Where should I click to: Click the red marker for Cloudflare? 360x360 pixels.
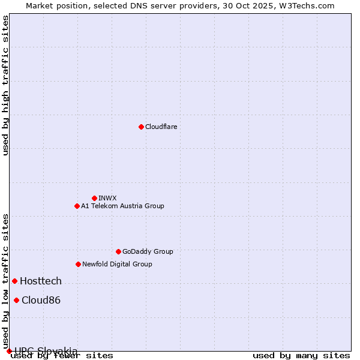click(141, 127)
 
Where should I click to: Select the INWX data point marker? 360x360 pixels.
click(94, 198)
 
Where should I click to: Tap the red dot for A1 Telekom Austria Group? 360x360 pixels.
click(77, 206)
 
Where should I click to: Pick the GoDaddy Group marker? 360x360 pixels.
click(118, 251)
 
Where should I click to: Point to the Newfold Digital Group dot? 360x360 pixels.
click(78, 264)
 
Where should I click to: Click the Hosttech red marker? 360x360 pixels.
click(14, 281)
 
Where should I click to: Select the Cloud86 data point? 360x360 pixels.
click(16, 300)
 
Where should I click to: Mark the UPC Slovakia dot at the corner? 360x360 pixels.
click(9, 351)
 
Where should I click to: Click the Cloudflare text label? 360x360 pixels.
click(161, 127)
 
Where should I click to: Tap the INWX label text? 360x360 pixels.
click(107, 198)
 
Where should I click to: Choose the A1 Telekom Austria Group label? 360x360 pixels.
click(122, 206)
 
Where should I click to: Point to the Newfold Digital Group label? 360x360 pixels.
click(117, 264)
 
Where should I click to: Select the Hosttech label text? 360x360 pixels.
click(41, 281)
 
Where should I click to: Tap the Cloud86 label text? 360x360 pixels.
click(41, 300)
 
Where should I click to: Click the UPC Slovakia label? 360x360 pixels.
click(46, 351)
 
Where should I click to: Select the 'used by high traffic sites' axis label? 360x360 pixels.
click(5, 85)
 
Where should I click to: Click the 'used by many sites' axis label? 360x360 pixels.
click(301, 356)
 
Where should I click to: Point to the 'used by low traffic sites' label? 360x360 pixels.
click(5, 281)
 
